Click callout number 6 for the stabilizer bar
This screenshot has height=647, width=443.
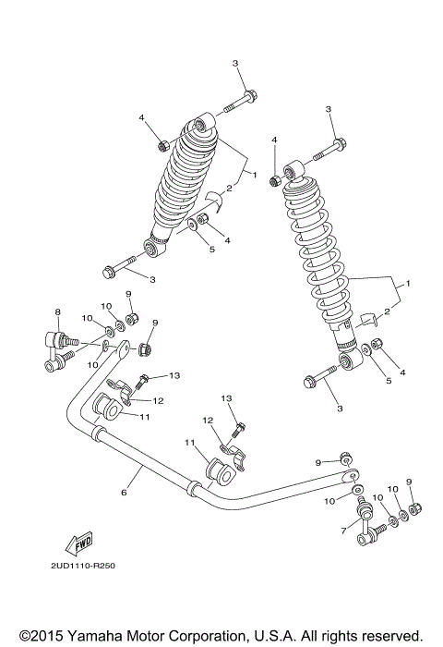(x=123, y=494)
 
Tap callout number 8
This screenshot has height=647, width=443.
(x=57, y=311)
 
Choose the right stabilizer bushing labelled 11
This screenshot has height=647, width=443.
(x=221, y=469)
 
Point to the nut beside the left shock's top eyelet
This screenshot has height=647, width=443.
(x=163, y=145)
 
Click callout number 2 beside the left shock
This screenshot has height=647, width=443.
(x=228, y=189)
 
